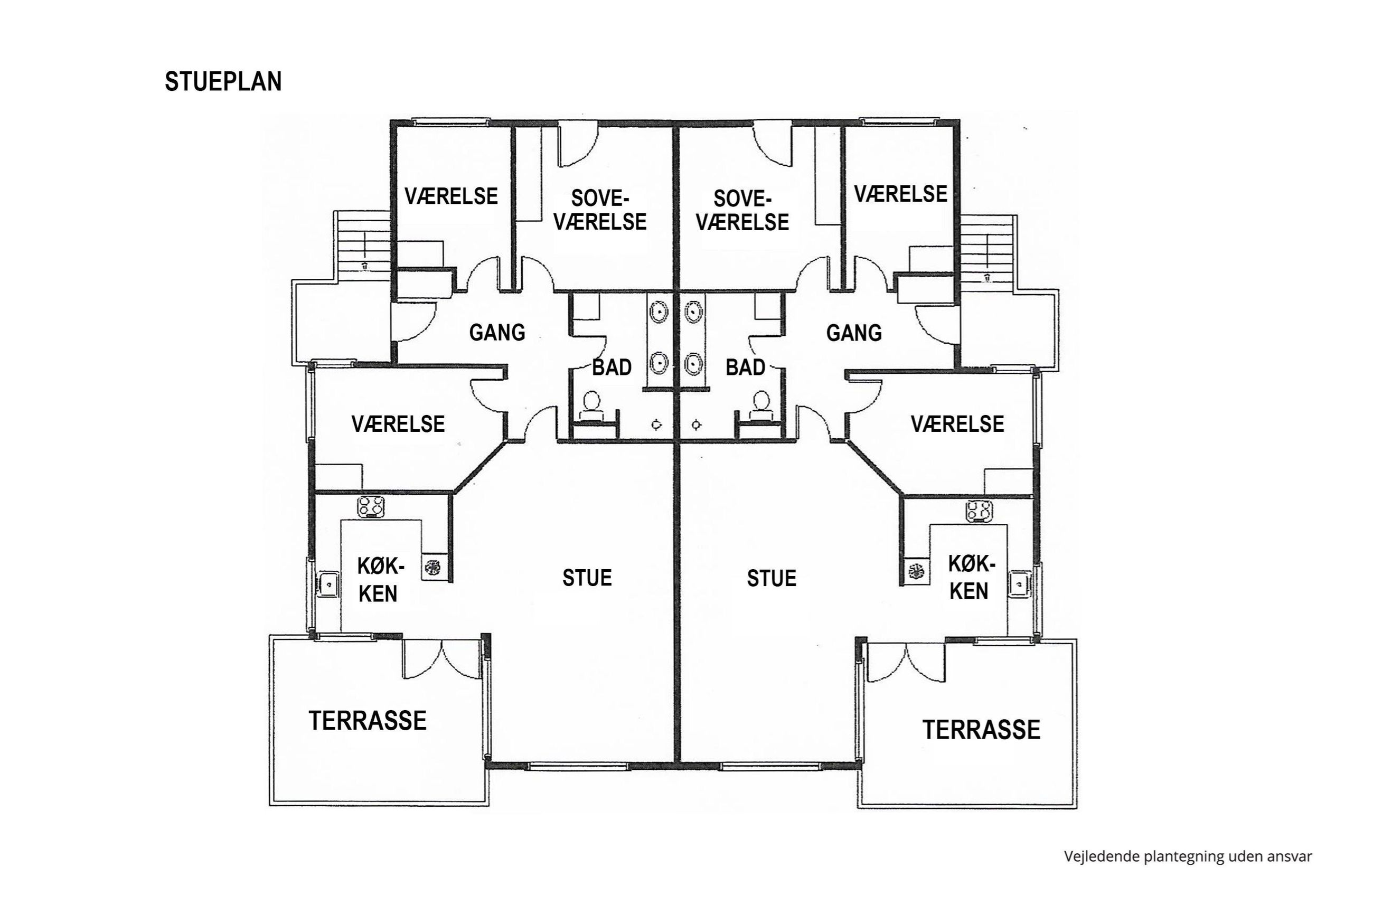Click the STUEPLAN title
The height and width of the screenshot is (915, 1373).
[223, 82]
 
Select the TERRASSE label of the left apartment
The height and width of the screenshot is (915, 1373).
[368, 721]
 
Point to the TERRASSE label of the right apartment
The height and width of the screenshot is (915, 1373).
[981, 730]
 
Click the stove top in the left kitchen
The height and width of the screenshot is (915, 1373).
[371, 506]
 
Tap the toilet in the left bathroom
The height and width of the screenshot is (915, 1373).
[591, 405]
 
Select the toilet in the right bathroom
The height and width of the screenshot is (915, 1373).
[760, 405]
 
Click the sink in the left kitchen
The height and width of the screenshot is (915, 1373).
[328, 583]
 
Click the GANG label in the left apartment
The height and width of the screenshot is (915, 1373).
[497, 333]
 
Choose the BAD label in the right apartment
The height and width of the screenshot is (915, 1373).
[745, 367]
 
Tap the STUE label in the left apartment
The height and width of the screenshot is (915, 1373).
[587, 578]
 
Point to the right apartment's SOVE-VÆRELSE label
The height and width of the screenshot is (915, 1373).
[742, 210]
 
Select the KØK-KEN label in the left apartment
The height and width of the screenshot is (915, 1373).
[379, 579]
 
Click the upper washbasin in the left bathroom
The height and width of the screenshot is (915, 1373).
[660, 312]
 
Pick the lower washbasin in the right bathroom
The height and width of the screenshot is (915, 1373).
[693, 364]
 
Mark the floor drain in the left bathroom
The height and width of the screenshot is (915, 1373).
[657, 425]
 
